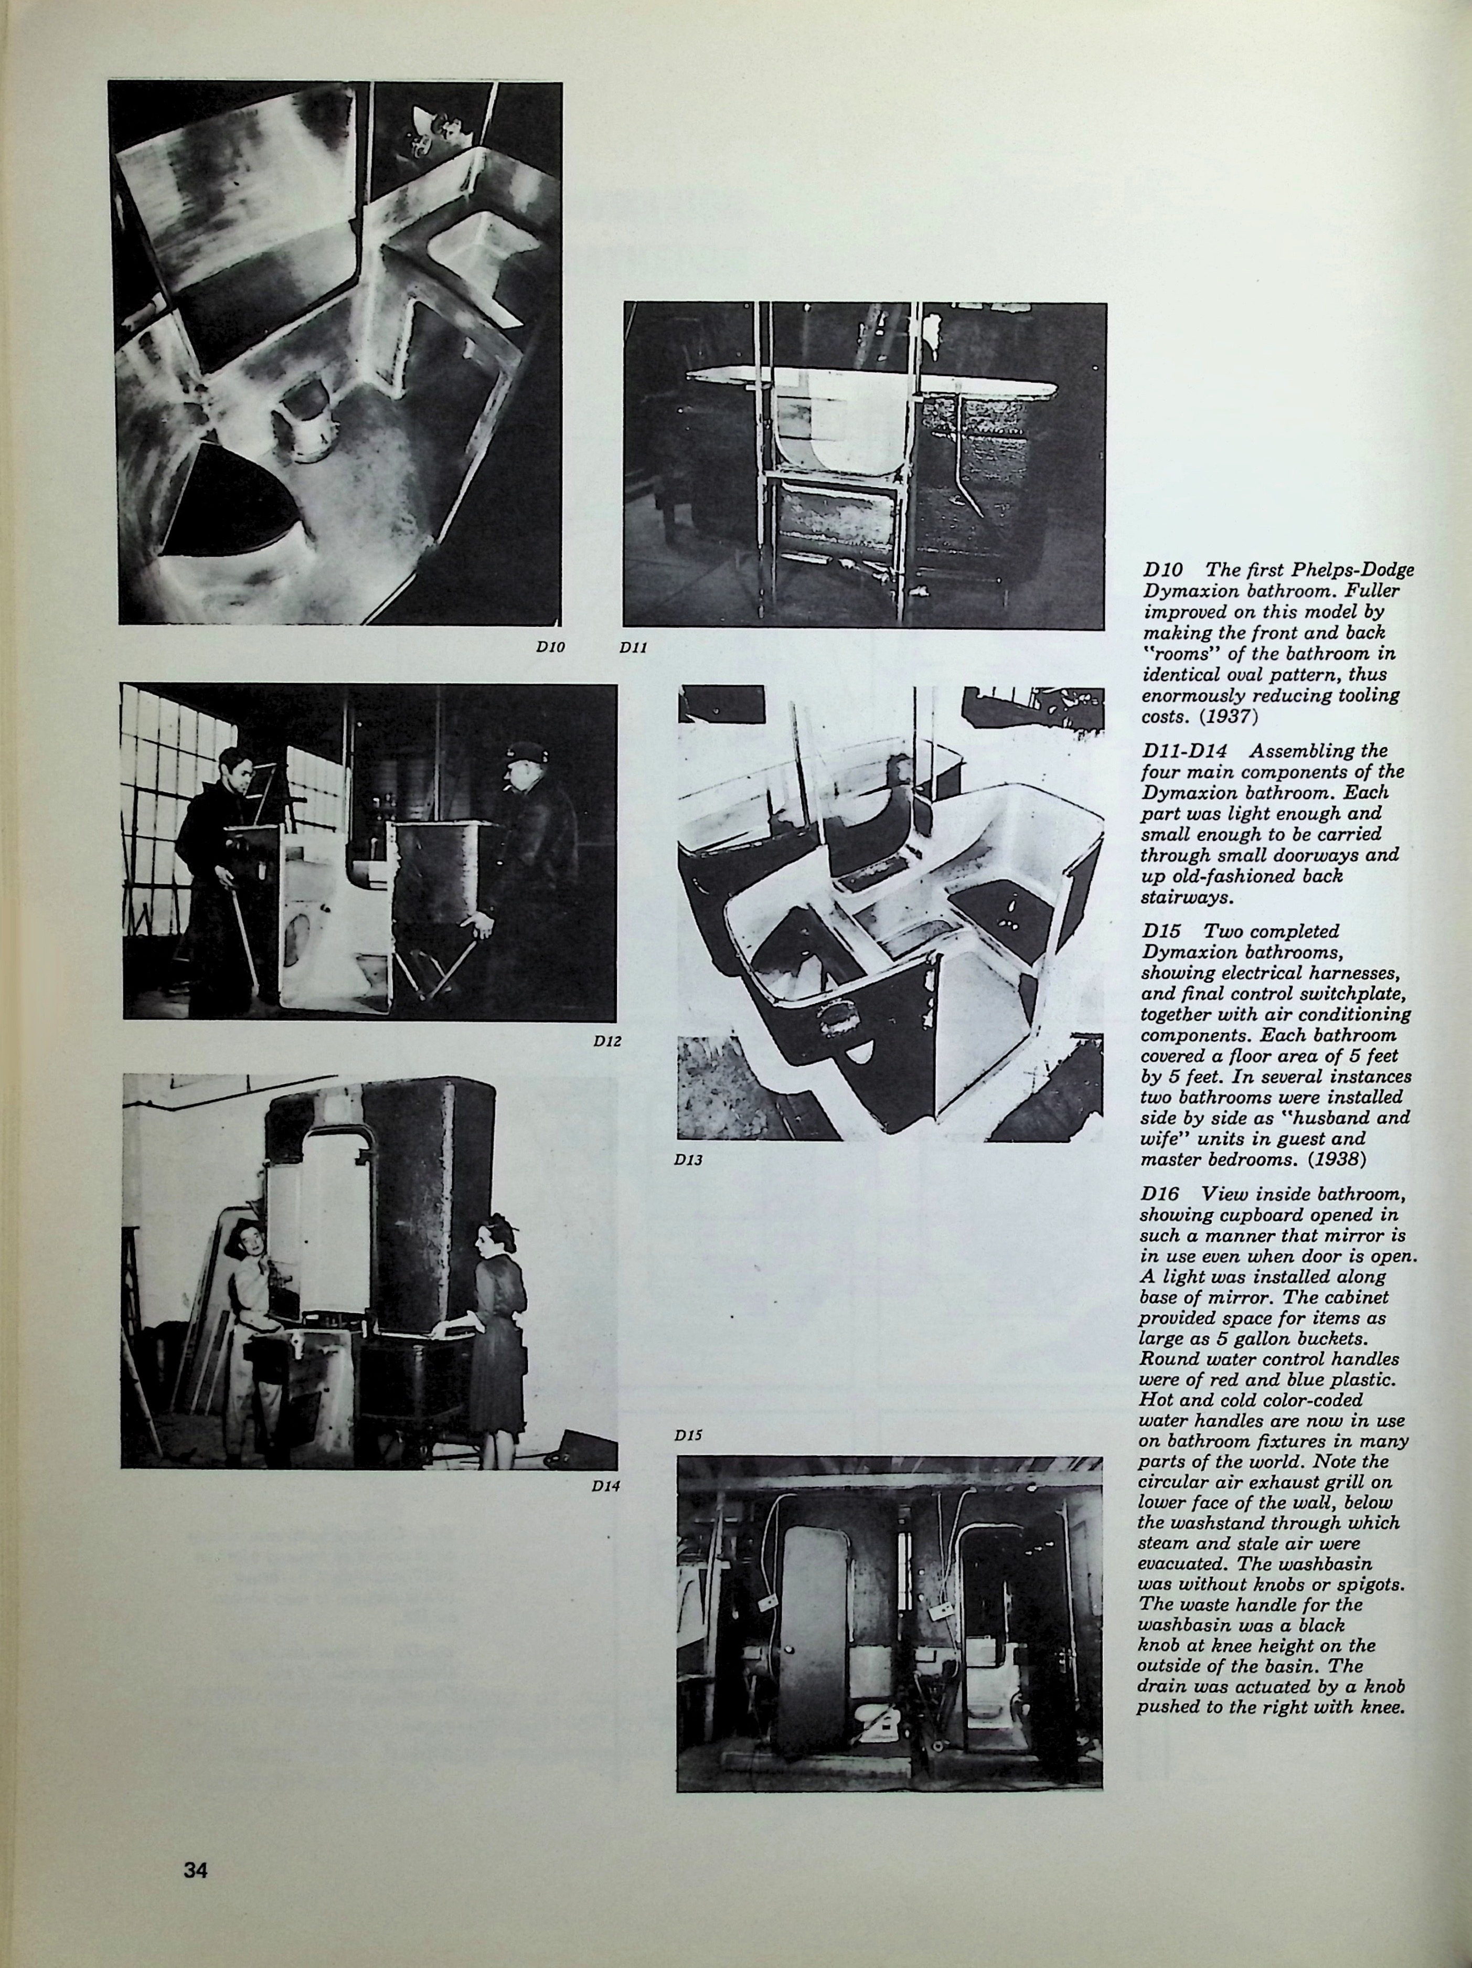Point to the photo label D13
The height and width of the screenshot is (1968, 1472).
(x=688, y=1159)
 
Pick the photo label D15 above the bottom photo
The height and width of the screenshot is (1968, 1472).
(x=688, y=1434)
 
